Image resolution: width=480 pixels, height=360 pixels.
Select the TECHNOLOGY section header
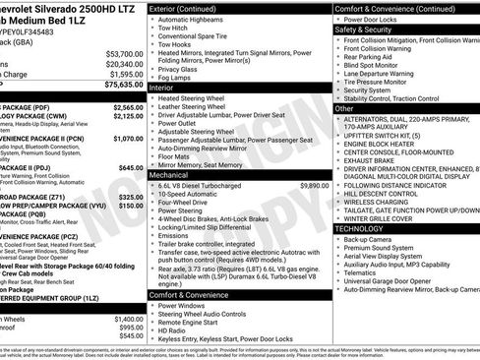pos(359,227)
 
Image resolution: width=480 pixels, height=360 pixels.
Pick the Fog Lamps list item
pos(177,78)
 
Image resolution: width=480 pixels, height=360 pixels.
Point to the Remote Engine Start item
pos(190,321)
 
